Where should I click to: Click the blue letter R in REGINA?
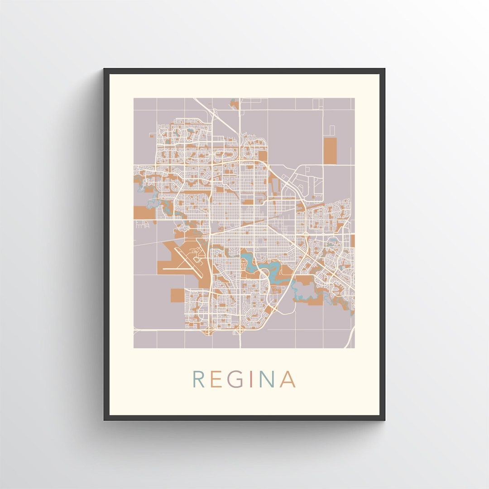tap(198, 379)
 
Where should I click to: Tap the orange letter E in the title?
tap(216, 379)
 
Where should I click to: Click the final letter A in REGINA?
tap(288, 379)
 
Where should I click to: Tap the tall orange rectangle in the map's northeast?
tap(330, 151)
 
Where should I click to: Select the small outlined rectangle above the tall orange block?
tap(331, 130)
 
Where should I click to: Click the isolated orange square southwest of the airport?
tap(177, 295)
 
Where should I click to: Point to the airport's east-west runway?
tap(179, 269)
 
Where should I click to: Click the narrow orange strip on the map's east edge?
tap(353, 240)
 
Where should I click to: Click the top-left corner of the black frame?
tap(105, 70)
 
